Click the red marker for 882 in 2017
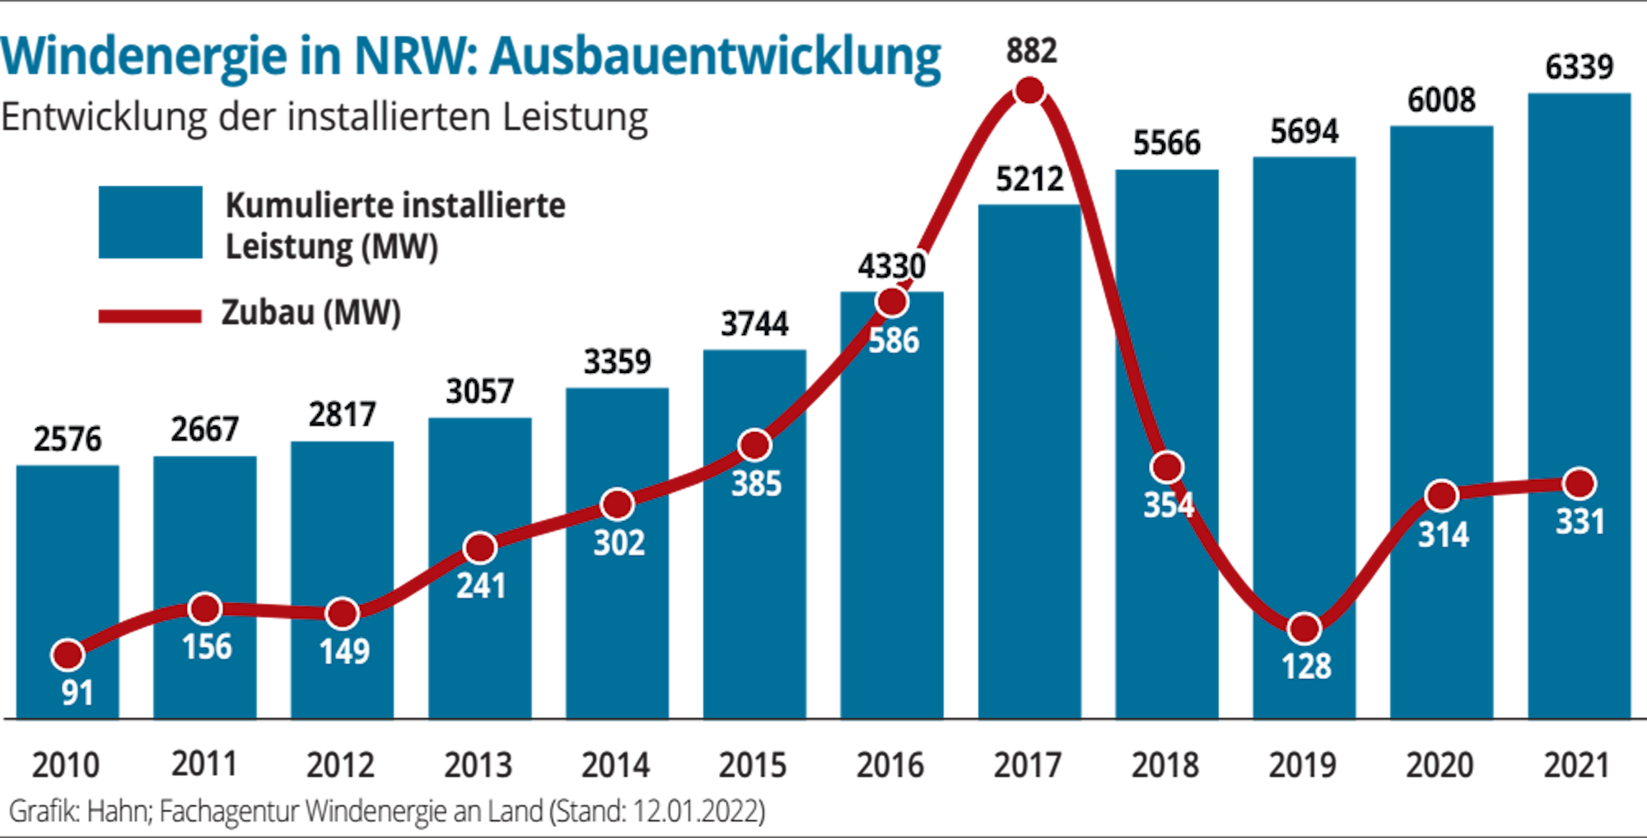[x=1029, y=90]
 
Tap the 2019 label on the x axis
[x=1303, y=766]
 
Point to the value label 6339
[x=1579, y=67]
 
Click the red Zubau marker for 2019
[x=1304, y=629]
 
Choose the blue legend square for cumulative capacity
[x=151, y=222]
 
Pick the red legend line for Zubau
[x=150, y=317]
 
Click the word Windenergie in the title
[x=145, y=57]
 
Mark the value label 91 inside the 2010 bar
[x=77, y=693]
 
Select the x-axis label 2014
[x=616, y=766]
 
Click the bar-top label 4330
[x=892, y=266]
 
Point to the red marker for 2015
[x=754, y=445]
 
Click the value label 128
[x=1306, y=666]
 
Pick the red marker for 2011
[x=205, y=608]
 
